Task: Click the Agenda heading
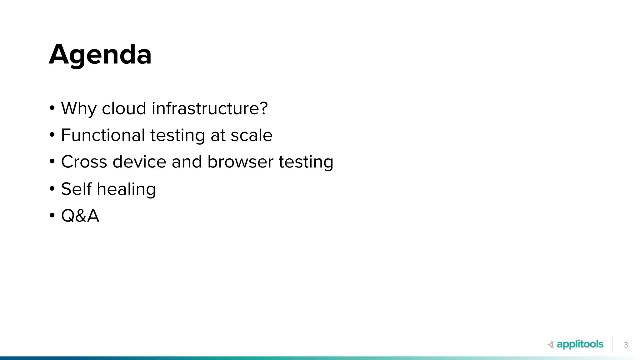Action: tap(100, 55)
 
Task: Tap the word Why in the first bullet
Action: tap(79, 109)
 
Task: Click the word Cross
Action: tap(84, 162)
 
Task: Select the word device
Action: tap(139, 162)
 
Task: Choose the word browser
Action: tap(240, 162)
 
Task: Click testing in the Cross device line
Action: tap(306, 162)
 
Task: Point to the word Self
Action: tap(76, 189)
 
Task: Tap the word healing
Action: tap(126, 189)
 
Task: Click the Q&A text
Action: tap(80, 216)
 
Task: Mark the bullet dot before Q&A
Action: tap(52, 216)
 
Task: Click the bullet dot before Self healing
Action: tap(52, 189)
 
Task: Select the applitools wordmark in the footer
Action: tap(580, 344)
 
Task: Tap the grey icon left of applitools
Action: tap(551, 345)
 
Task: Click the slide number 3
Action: tap(626, 345)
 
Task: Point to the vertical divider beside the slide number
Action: tap(613, 344)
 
